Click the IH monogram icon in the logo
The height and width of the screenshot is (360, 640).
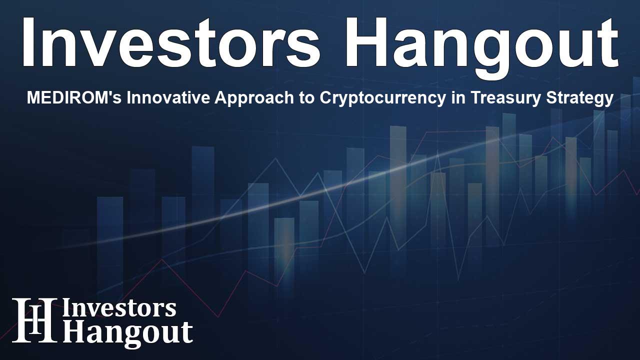(34, 320)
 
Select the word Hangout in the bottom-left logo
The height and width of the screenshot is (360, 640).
(127, 332)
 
